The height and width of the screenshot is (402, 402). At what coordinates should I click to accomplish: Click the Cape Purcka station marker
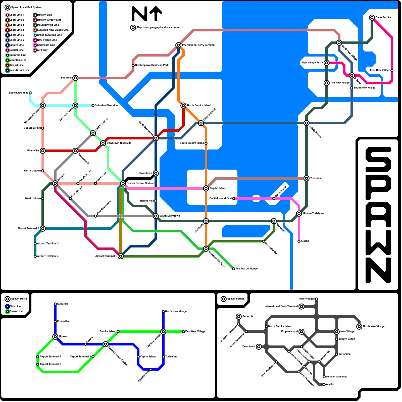pyautogui.click(x=372, y=18)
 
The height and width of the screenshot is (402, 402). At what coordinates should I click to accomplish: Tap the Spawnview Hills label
pyautogui.click(x=19, y=93)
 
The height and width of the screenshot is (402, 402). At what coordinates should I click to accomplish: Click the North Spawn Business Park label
pyautogui.click(x=152, y=65)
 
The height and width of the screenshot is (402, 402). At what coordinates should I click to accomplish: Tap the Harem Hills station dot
pyautogui.click(x=156, y=201)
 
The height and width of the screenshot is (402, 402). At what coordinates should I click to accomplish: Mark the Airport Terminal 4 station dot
pyautogui.click(x=35, y=256)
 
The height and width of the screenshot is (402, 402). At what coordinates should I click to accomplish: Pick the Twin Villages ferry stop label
pyautogui.click(x=307, y=299)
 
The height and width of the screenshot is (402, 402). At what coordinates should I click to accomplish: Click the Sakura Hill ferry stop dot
pyautogui.click(x=319, y=362)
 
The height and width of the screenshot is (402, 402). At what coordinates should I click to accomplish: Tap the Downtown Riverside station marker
pyautogui.click(x=103, y=143)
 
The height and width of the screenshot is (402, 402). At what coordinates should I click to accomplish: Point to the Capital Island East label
pyautogui.click(x=221, y=198)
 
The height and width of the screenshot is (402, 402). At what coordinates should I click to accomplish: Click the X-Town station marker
pyautogui.click(x=352, y=75)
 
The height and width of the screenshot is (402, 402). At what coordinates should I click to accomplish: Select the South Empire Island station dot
pyautogui.click(x=206, y=143)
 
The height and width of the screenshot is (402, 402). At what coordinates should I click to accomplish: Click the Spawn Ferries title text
pyautogui.click(x=236, y=299)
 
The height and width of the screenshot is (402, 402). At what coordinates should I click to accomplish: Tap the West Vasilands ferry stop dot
pyautogui.click(x=276, y=362)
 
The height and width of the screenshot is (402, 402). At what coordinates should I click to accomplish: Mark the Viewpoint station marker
pyautogui.click(x=274, y=221)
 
